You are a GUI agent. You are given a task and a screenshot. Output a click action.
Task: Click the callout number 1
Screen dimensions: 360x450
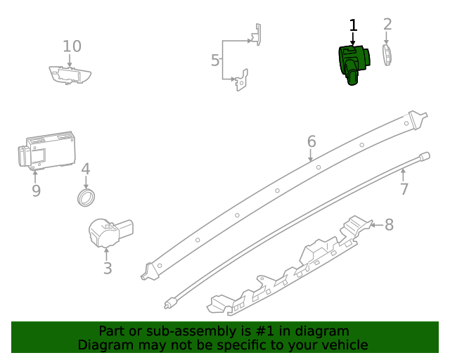coord(353,25)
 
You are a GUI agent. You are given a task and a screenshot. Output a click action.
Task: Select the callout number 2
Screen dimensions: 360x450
coord(387,25)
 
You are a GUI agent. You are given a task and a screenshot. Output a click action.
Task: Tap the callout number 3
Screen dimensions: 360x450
coord(107,268)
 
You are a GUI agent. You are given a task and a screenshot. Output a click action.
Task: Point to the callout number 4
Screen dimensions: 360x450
coord(85,169)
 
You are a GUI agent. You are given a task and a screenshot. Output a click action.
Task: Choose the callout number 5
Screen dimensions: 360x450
coord(215,60)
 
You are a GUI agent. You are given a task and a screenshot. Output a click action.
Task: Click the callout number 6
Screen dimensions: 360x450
coord(311,143)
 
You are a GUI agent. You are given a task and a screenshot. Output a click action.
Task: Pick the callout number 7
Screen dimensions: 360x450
coord(404,188)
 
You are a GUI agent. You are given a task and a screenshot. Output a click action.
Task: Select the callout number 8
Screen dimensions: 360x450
coord(389,225)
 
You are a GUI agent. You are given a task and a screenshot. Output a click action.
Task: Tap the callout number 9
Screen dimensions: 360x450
coord(36,191)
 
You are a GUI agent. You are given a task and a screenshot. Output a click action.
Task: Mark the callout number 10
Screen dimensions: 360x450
coord(72,46)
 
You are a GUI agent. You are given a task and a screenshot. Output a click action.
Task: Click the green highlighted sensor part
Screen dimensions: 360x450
coord(353,63)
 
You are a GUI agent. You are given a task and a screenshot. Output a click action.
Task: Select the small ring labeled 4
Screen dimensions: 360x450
coord(86,197)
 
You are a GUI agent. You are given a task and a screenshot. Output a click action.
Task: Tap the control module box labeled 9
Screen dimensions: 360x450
coord(46,151)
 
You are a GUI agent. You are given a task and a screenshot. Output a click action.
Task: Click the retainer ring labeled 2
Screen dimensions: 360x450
coord(387,56)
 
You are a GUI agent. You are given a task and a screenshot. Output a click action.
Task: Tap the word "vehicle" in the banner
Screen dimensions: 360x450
coord(344,345)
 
